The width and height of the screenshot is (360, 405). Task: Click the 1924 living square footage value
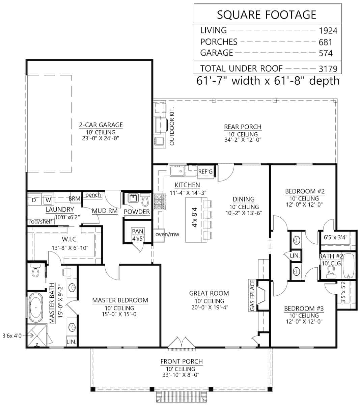[328, 31]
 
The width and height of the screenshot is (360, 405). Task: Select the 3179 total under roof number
[328, 69]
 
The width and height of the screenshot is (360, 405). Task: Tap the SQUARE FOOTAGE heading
[267, 15]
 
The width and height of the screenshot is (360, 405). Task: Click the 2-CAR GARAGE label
[101, 125]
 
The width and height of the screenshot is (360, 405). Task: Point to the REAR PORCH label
[243, 127]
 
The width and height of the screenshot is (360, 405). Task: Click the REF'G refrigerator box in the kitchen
[205, 172]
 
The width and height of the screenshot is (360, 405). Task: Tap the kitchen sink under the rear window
[177, 171]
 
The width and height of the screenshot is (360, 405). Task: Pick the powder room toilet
[145, 200]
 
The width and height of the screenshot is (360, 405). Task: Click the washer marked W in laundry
[48, 200]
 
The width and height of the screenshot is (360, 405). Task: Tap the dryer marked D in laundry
[34, 200]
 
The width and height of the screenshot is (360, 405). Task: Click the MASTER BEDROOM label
[120, 300]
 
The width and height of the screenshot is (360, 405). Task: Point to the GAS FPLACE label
[251, 295]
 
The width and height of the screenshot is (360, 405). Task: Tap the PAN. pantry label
[138, 232]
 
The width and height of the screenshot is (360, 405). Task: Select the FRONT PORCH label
[182, 361]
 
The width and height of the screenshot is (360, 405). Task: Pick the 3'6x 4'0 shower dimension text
[11, 335]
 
